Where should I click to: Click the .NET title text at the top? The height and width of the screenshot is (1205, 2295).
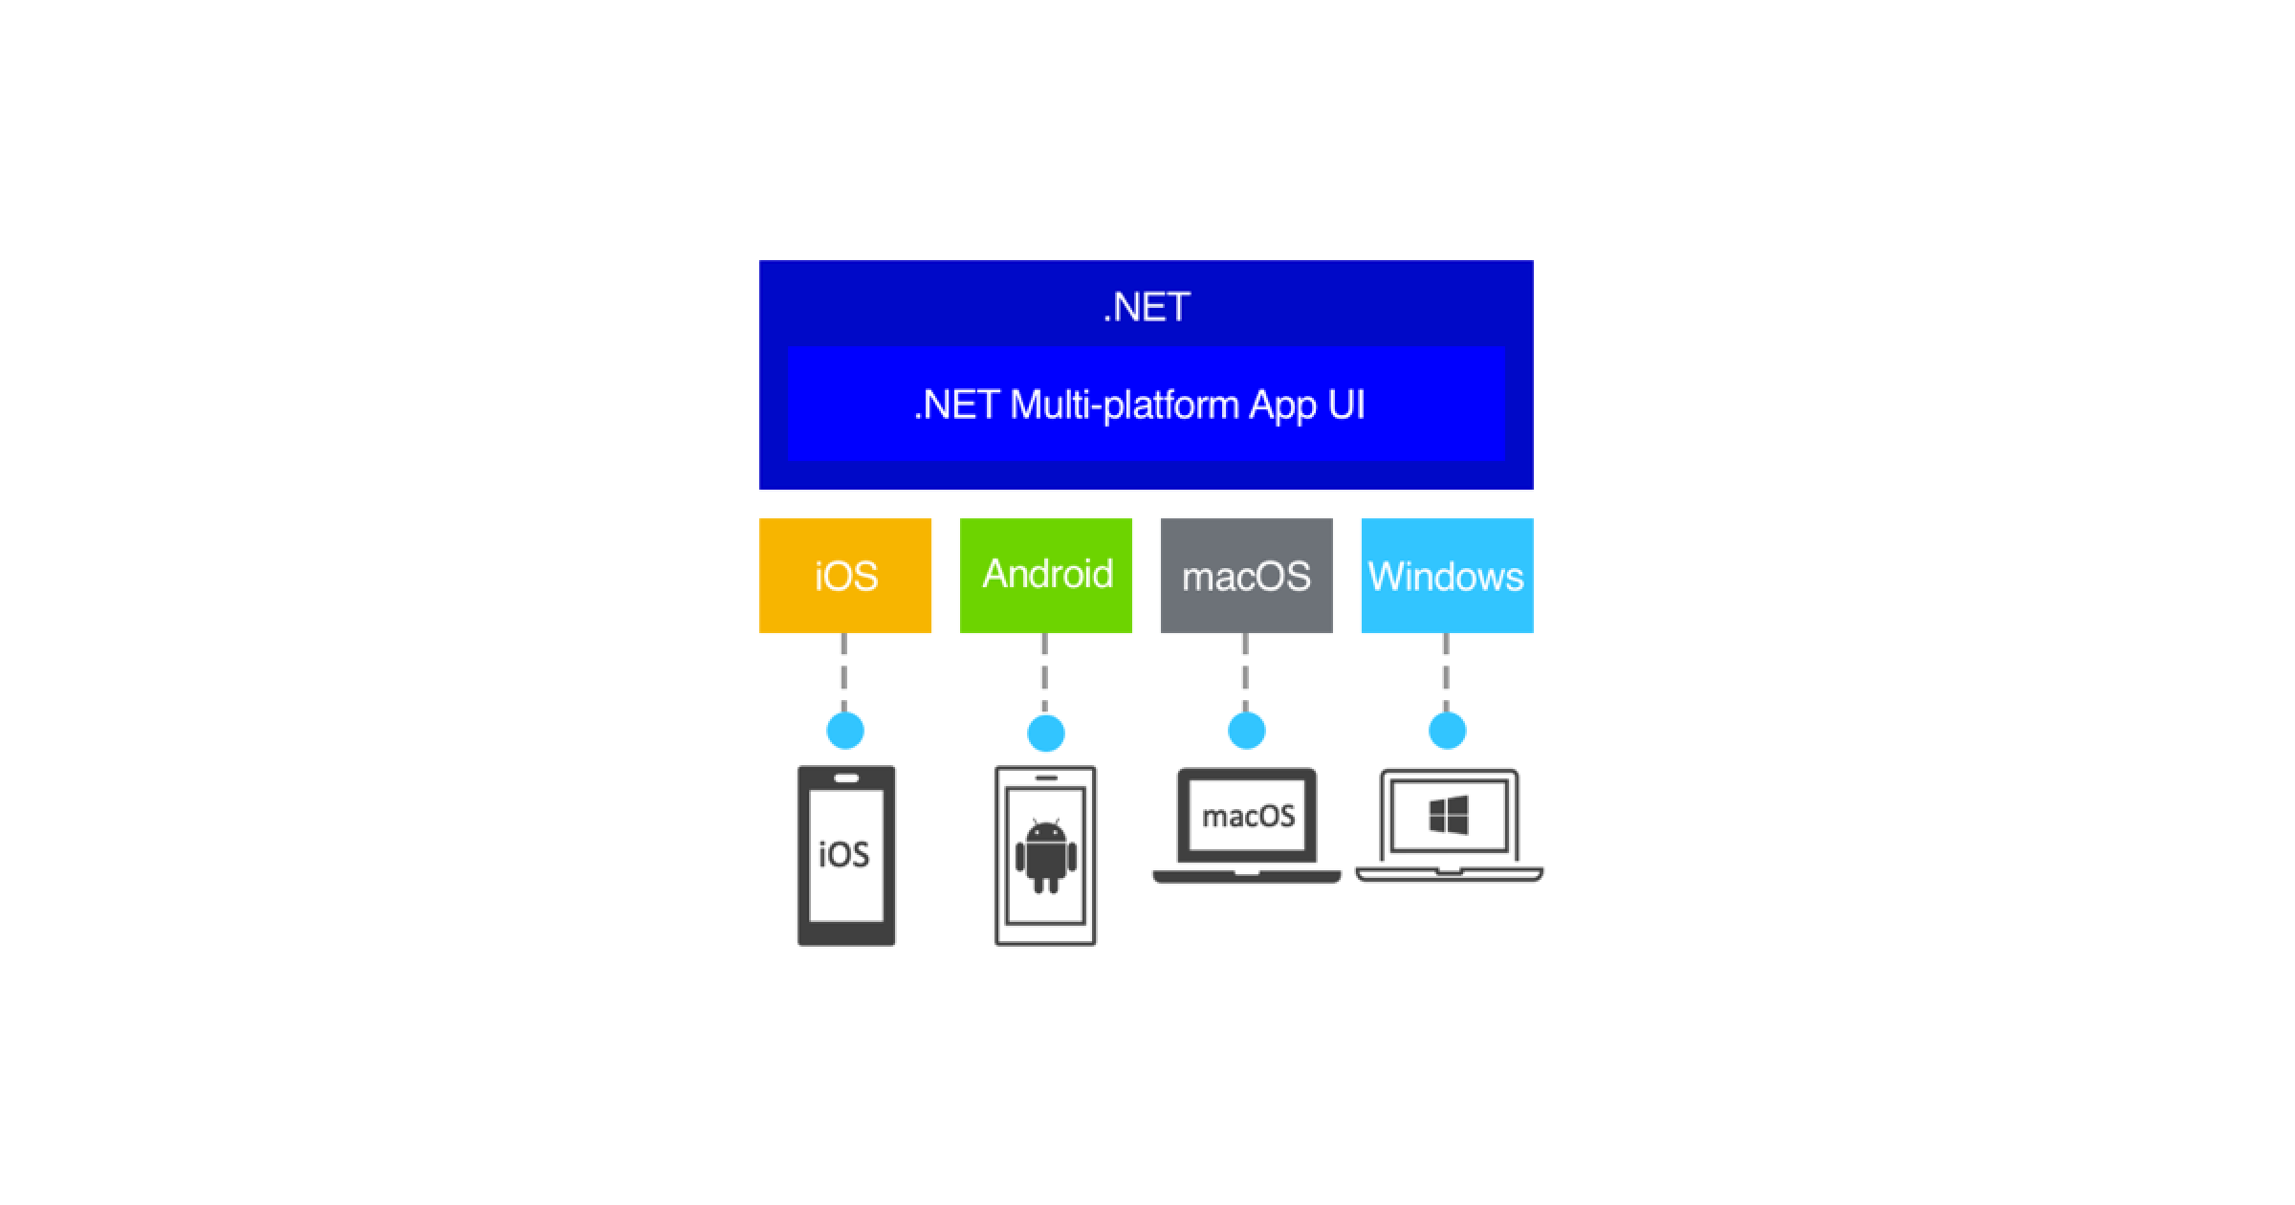point(1147,307)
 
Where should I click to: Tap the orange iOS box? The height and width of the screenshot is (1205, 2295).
point(845,576)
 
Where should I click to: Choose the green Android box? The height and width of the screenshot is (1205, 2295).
point(1046,575)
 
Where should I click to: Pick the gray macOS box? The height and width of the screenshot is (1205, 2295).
point(1246,576)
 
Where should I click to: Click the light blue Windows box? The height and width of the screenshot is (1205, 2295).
point(1447,576)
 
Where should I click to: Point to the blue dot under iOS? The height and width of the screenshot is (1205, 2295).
point(845,731)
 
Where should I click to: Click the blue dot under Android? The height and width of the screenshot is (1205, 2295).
point(1046,734)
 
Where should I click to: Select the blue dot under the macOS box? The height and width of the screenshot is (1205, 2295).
point(1246,732)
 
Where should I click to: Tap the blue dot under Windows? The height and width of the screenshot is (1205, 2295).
point(1447,732)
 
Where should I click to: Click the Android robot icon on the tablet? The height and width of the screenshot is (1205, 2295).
point(1046,855)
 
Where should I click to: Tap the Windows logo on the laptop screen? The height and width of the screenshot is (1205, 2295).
point(1448,816)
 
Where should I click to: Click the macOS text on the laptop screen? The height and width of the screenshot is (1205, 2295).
point(1248,816)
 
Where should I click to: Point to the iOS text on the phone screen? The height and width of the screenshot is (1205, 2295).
point(844,854)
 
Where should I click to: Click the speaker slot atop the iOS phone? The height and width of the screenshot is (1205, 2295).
point(846,778)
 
